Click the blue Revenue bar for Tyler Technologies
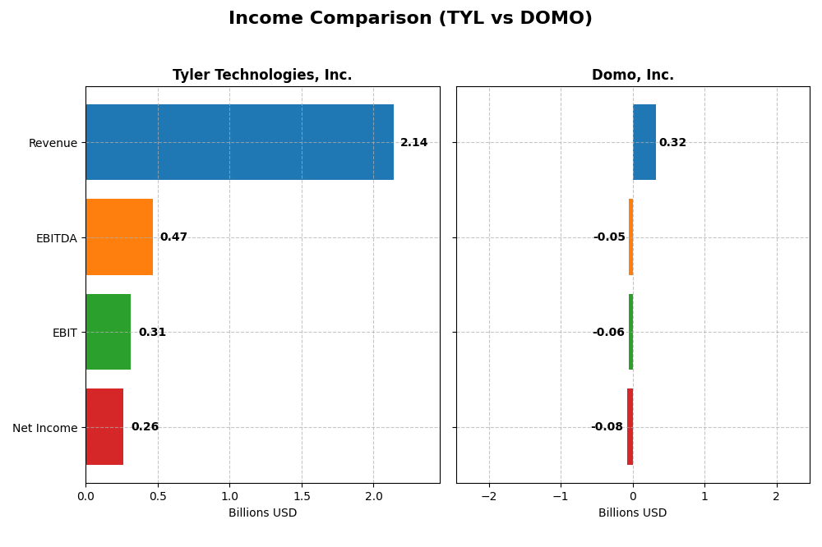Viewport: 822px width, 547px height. pos(239,142)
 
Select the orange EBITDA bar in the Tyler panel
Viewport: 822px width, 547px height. pos(119,237)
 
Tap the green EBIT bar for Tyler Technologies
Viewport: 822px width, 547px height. pos(108,332)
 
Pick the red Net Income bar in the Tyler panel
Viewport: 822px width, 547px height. pos(104,427)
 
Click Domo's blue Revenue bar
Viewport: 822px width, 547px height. pos(644,142)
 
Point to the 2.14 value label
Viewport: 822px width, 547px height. pos(413,143)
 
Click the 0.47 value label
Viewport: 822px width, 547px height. pos(173,237)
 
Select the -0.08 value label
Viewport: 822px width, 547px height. pos(607,427)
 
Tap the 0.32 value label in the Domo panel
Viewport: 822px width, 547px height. pos(672,143)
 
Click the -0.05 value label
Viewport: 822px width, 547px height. pos(609,237)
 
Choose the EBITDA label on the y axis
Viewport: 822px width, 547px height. pos(57,238)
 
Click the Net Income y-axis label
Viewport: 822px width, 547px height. pos(45,428)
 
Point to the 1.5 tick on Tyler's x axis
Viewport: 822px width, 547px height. pos(302,497)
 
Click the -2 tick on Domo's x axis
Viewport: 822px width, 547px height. pos(488,497)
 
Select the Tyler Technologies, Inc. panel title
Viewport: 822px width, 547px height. pos(262,76)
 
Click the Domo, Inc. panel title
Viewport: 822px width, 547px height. pos(632,76)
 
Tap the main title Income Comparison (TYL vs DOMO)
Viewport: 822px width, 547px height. pos(410,19)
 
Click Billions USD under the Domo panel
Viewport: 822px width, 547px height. pos(632,513)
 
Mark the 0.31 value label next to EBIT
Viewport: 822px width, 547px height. pos(152,333)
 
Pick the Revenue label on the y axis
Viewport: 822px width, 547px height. pos(53,143)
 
